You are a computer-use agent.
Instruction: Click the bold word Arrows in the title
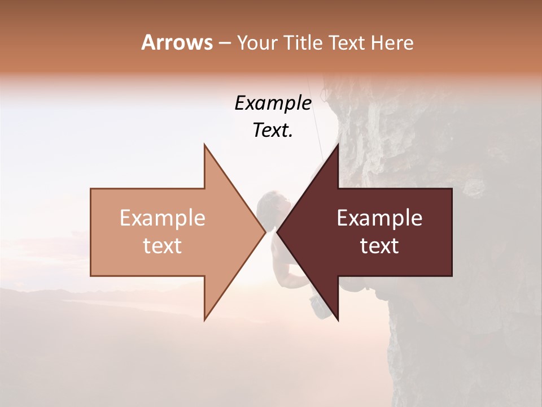(x=177, y=42)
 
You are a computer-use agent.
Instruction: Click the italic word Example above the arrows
(x=273, y=103)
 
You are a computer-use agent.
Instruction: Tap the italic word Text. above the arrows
(x=273, y=131)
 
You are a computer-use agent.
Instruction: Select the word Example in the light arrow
(x=163, y=218)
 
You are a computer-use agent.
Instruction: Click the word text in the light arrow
(x=163, y=246)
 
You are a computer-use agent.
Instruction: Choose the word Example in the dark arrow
(x=379, y=218)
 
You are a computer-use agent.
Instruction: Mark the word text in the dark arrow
(x=379, y=246)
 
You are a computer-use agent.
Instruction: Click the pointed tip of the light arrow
(x=265, y=232)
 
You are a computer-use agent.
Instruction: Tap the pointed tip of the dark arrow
(x=278, y=232)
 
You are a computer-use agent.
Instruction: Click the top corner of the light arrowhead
(x=204, y=145)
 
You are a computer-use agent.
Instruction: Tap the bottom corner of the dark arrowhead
(x=338, y=320)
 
